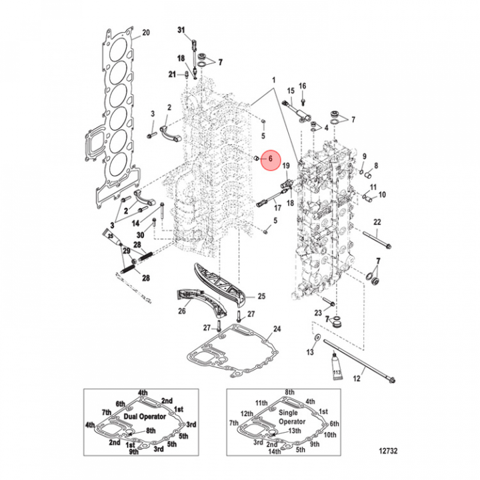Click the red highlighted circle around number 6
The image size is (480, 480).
(271, 159)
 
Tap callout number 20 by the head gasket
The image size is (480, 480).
(147, 32)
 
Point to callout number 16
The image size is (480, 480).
(302, 86)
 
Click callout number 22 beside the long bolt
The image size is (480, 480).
(377, 221)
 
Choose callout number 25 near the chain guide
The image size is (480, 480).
(262, 296)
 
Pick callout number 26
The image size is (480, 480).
(181, 310)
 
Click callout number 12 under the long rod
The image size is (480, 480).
(356, 379)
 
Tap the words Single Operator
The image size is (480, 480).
(291, 418)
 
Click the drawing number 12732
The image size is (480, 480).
(387, 451)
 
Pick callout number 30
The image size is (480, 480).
(140, 235)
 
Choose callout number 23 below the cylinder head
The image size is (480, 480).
(318, 312)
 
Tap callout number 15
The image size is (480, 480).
(291, 90)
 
